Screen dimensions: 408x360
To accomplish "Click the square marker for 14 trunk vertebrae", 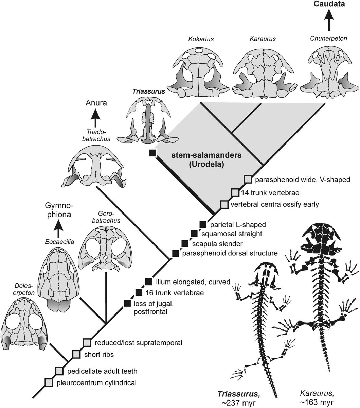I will point(235,193).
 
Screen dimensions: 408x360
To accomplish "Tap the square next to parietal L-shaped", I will point(203,224).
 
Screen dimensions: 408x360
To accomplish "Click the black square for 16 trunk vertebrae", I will point(139,292).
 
